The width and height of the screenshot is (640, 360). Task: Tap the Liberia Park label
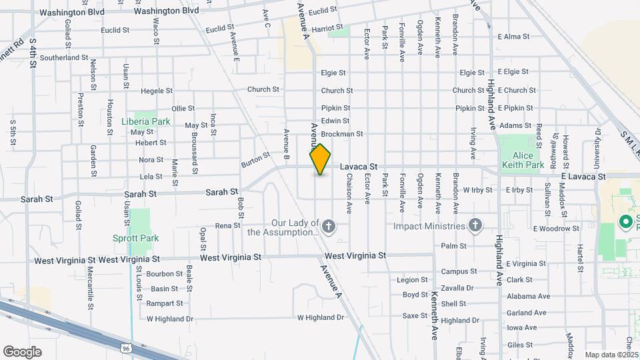[x=146, y=122]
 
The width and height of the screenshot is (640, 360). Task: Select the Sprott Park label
[x=140, y=237]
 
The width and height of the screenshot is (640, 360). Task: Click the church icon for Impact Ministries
[x=475, y=226]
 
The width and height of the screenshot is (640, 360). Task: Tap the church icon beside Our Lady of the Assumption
[x=329, y=227]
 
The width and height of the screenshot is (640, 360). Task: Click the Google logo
[x=22, y=351]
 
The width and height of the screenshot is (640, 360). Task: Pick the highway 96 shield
[x=126, y=347]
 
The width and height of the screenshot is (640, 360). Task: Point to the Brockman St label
[x=341, y=134]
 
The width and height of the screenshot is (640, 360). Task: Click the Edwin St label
[x=335, y=121]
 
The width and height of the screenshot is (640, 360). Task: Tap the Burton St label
[x=255, y=159]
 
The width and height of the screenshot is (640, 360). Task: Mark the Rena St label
[x=228, y=226]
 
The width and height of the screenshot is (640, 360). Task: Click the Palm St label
[x=454, y=246]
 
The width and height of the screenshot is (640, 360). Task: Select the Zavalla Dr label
[x=457, y=288]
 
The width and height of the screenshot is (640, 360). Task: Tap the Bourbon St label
[x=165, y=274]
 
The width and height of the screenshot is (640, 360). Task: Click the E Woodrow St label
[x=556, y=229]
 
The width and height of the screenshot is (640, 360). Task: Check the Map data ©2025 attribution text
[x=611, y=355]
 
